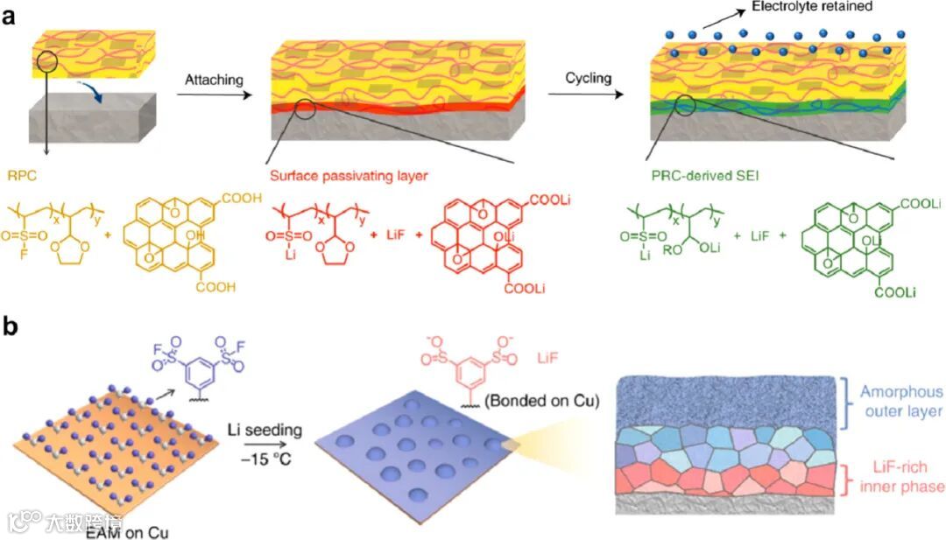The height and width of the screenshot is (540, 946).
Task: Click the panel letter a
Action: click(11, 18)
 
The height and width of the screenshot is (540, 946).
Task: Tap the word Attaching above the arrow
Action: click(214, 80)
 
